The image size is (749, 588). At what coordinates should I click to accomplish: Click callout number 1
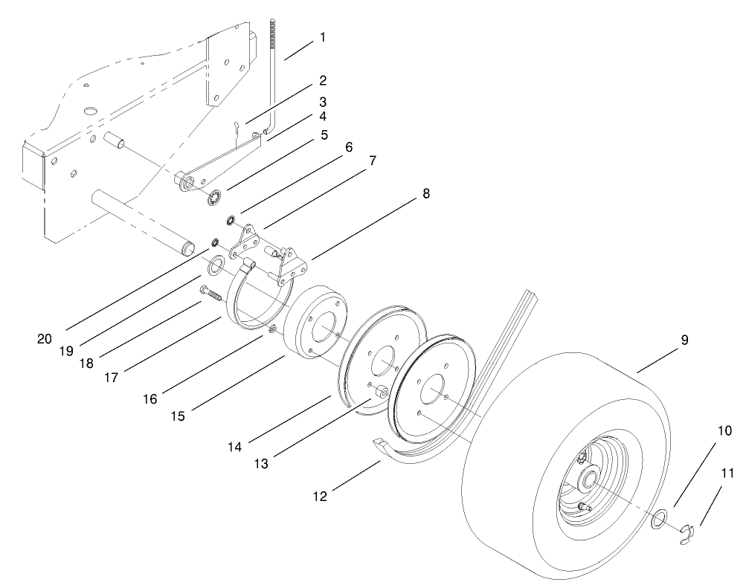click(322, 36)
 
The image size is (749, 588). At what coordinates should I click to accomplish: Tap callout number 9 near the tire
click(684, 340)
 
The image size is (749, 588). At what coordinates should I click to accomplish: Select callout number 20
click(44, 338)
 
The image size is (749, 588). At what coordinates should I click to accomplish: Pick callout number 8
click(425, 193)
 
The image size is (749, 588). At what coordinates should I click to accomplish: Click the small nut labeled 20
click(214, 243)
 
